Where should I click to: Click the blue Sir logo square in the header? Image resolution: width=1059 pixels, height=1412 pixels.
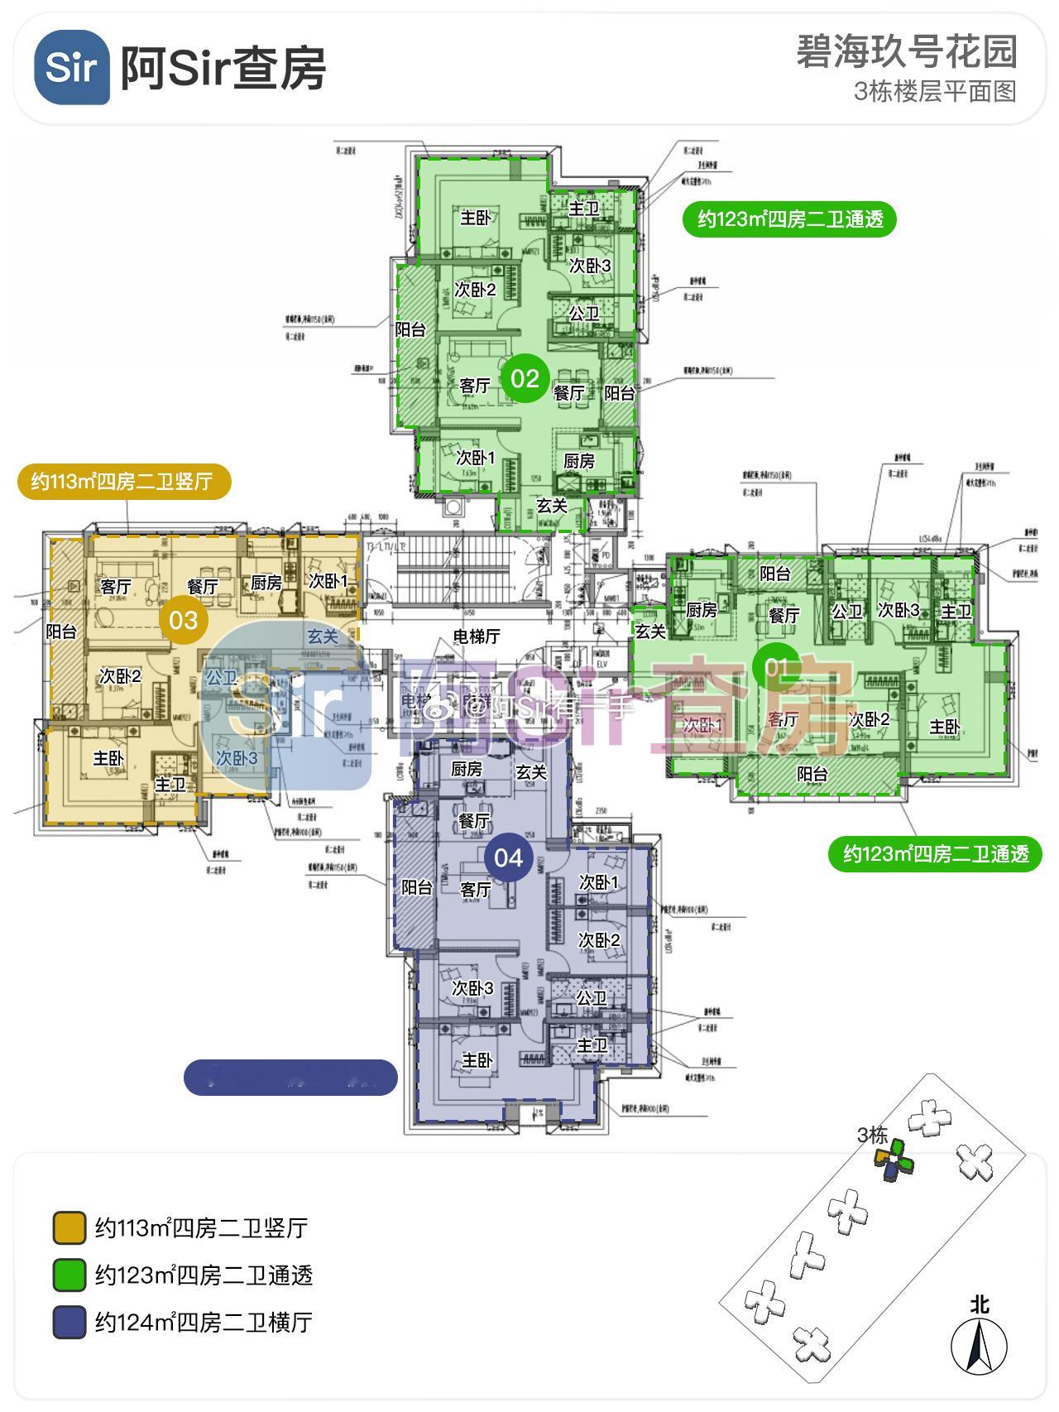pos(72,67)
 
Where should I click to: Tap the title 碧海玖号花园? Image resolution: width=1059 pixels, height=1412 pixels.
pos(906,52)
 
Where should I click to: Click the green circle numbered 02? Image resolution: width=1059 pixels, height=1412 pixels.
pos(525,378)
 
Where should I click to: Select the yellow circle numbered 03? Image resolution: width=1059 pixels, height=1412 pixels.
pos(184,620)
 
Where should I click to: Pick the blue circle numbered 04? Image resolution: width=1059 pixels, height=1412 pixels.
pos(508,857)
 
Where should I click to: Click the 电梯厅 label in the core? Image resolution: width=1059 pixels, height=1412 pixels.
pos(477,636)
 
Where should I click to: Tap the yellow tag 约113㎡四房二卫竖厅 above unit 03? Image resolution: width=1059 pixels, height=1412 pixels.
pos(122,481)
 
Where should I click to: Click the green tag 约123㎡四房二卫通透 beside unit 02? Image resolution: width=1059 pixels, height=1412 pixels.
pos(790,219)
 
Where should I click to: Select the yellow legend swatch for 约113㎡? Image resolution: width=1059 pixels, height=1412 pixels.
pos(69,1228)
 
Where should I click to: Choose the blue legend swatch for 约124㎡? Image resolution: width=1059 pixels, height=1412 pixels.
pos(69,1323)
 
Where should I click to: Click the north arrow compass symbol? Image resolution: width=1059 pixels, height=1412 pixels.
pos(980,1347)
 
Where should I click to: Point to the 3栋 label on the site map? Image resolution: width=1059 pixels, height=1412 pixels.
pos(872,1135)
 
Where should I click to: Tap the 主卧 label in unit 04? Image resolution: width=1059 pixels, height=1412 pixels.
pos(477,1060)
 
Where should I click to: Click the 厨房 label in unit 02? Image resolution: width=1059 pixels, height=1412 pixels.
pos(579,461)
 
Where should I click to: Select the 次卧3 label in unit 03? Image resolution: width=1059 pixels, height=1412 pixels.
pos(237,758)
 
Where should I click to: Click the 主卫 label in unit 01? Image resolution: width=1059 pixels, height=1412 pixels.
pos(956,612)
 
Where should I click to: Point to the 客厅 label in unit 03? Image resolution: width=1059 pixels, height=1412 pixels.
pos(116,587)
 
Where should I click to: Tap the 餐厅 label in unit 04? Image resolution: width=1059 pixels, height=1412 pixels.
pos(474,821)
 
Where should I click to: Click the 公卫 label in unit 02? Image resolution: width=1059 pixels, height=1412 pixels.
pos(584,314)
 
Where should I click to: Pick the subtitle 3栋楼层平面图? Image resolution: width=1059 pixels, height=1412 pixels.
pos(935,91)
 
